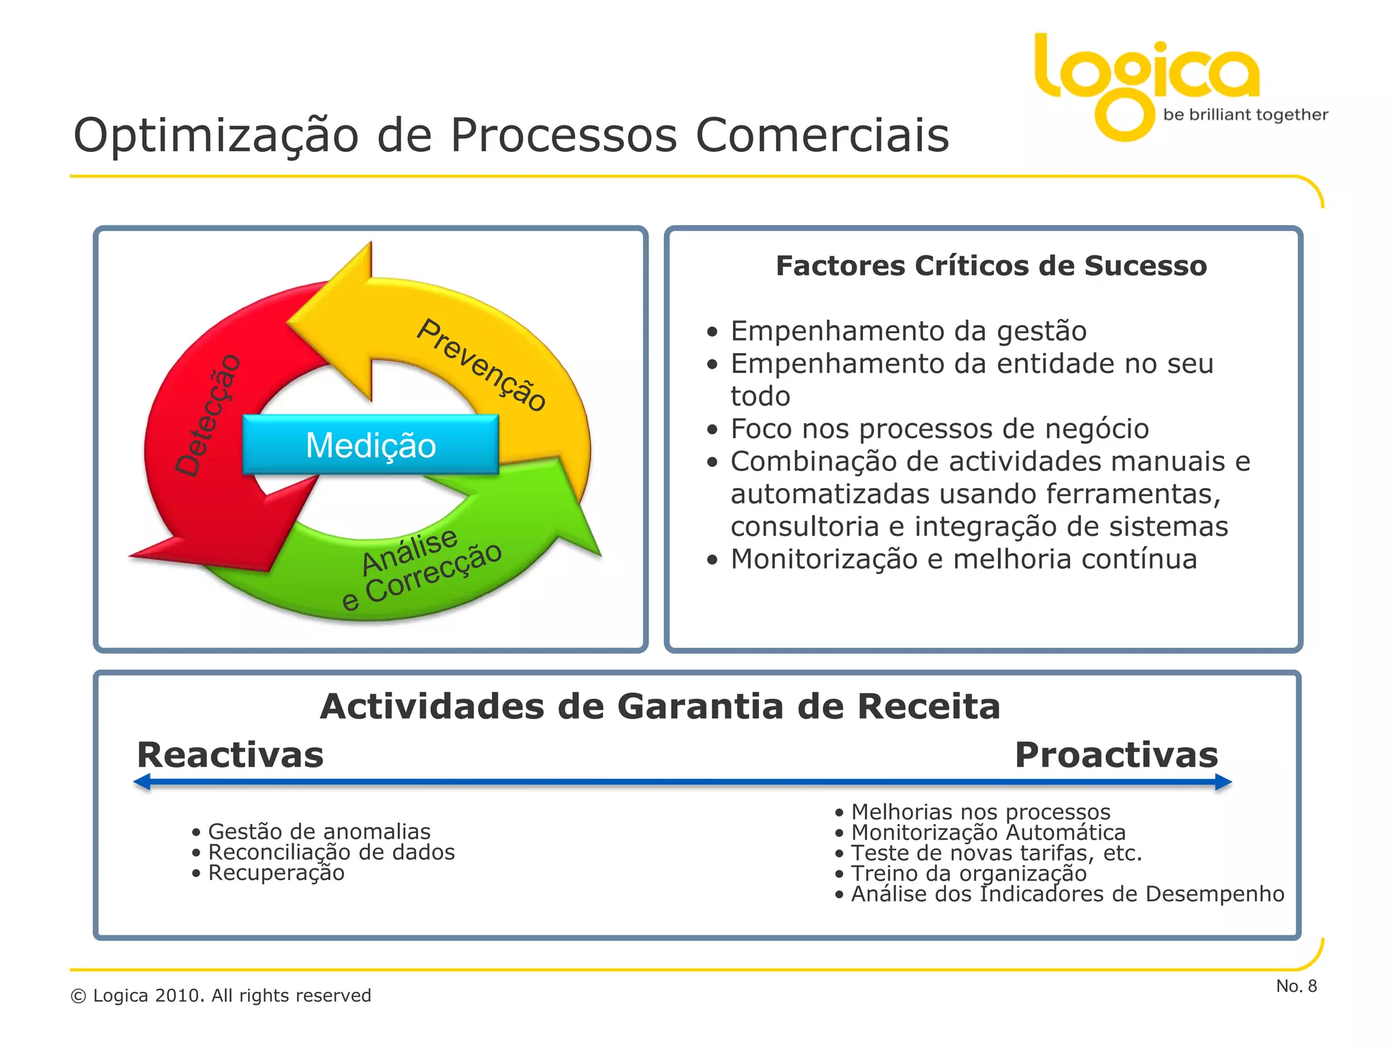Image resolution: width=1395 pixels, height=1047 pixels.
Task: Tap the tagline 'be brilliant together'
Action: [x=1245, y=115]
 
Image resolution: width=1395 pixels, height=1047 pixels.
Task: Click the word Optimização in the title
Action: [x=215, y=136]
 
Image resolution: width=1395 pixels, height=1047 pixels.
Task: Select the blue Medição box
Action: [x=371, y=445]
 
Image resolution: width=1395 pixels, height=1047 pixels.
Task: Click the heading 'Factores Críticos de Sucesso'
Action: [x=991, y=266]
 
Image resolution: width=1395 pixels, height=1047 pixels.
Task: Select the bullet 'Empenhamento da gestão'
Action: [x=908, y=331]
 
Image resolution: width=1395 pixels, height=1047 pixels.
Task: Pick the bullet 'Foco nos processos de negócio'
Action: [x=939, y=429]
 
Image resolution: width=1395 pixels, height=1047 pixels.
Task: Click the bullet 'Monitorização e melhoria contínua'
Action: [x=963, y=560]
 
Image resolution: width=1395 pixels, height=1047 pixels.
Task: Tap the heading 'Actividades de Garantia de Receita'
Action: [x=660, y=706]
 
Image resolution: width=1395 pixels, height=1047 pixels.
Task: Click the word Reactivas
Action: [x=230, y=755]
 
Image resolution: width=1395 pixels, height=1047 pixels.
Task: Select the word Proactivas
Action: [x=1116, y=755]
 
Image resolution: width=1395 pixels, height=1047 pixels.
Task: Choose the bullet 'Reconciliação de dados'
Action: [x=331, y=852]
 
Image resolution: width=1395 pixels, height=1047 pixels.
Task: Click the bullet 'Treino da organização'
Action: [x=969, y=873]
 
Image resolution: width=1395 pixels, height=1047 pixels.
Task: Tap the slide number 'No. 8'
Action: [x=1296, y=986]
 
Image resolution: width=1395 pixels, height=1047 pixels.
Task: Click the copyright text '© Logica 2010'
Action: [x=221, y=996]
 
